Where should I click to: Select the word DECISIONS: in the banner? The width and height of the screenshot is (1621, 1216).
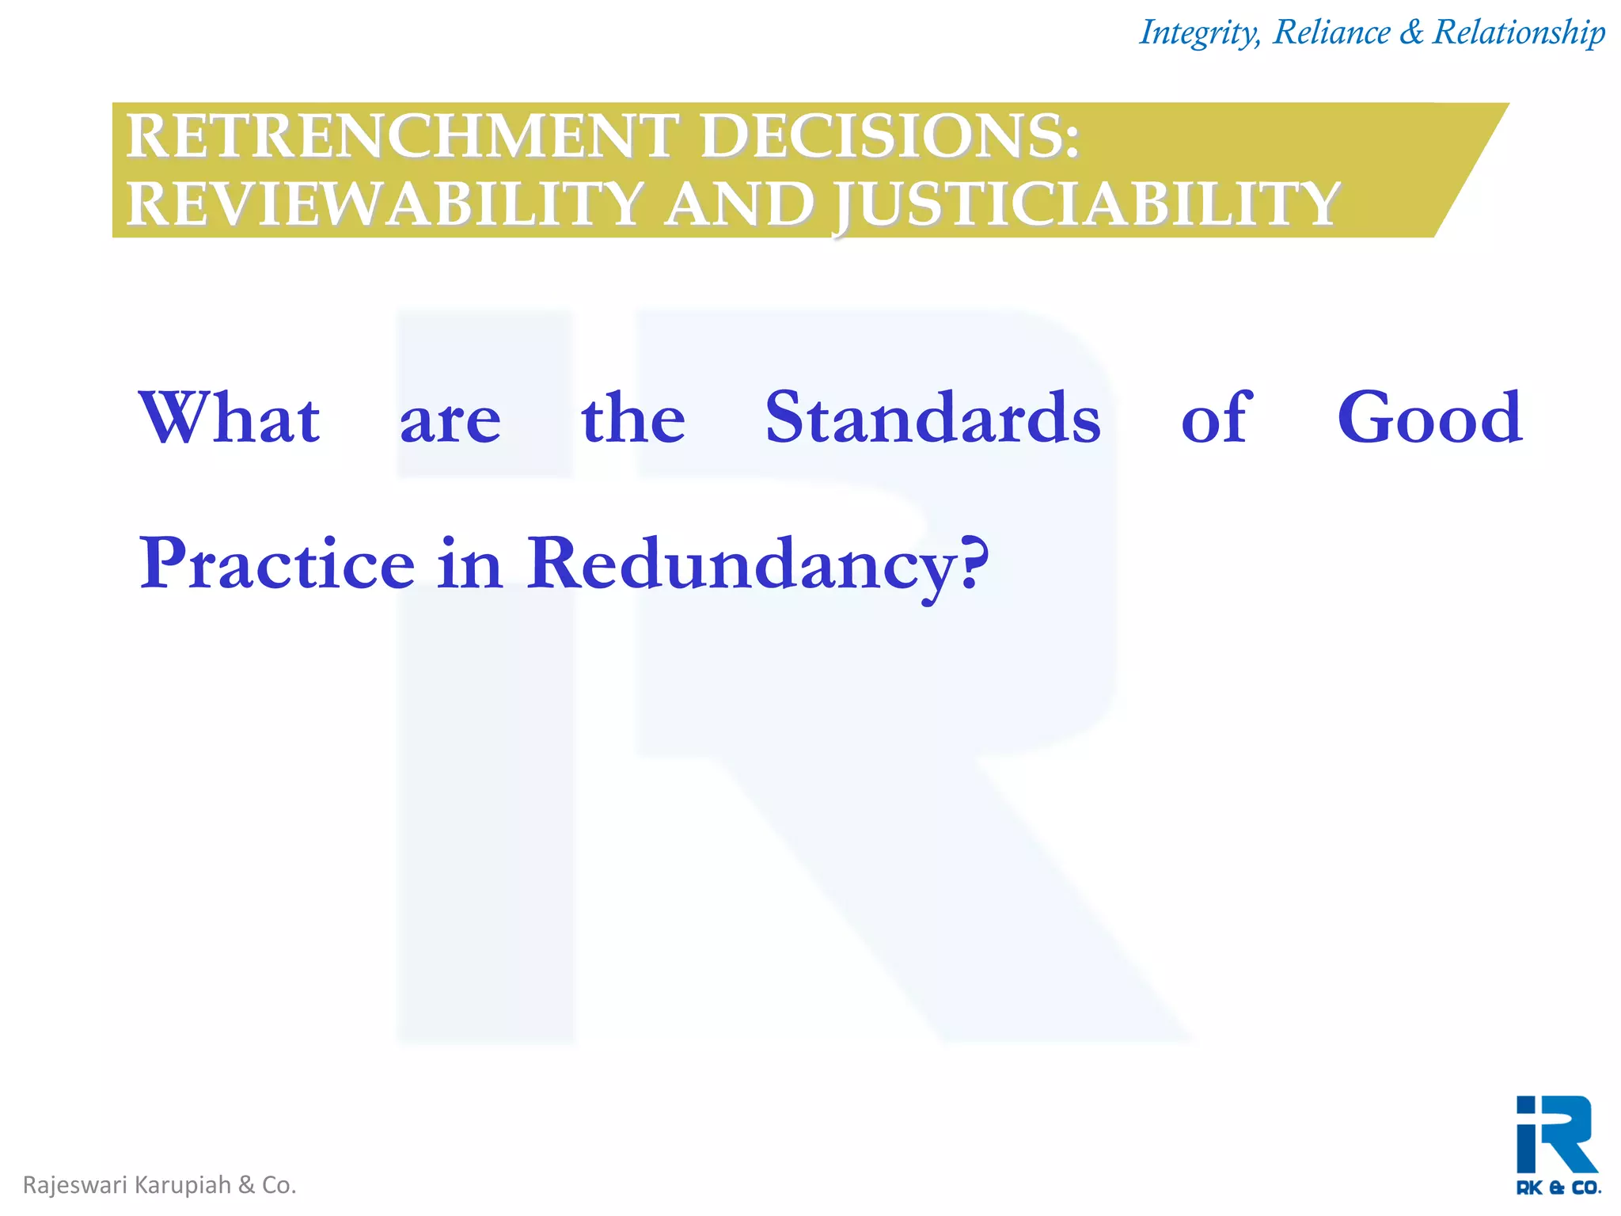click(890, 136)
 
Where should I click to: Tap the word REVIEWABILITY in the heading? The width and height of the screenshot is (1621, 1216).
click(383, 204)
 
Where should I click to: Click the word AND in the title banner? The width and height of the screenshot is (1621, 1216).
click(739, 204)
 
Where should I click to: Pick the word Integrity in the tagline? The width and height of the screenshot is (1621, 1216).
click(1198, 32)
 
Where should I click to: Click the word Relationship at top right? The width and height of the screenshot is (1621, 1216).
click(1519, 32)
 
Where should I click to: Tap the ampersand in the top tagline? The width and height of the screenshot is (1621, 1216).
click(1412, 32)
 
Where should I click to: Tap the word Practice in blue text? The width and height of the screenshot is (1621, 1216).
click(277, 564)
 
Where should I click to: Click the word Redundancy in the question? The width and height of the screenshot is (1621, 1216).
click(741, 564)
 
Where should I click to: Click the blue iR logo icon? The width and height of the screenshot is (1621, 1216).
click(1555, 1134)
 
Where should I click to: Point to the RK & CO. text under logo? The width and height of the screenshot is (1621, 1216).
click(1558, 1187)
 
